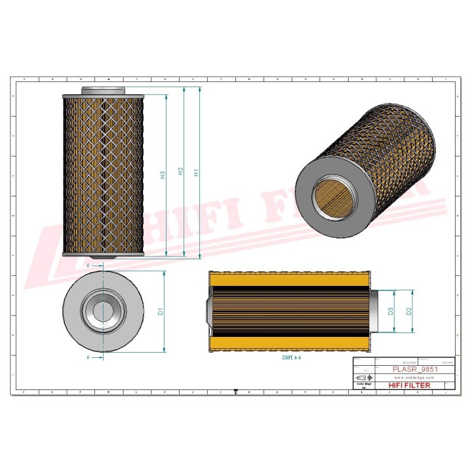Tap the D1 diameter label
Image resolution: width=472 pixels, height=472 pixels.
point(161,312)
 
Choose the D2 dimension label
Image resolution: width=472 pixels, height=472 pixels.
point(409,311)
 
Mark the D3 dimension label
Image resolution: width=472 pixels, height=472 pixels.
point(391,311)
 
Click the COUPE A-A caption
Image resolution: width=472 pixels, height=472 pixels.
point(292,359)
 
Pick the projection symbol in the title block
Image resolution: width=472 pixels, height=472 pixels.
point(361,380)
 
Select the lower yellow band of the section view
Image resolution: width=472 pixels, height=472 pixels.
point(288,343)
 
